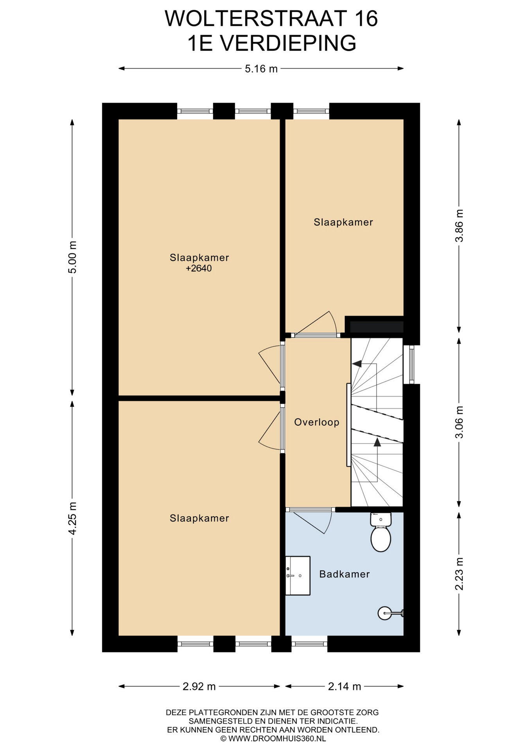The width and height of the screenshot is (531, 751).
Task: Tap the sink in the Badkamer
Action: [x=298, y=576]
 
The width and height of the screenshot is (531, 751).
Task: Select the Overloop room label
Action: [x=317, y=422]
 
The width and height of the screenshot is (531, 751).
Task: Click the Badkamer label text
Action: [x=344, y=574]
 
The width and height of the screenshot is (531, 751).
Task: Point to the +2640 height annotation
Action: [x=199, y=268]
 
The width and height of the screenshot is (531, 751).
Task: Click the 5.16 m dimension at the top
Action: [x=261, y=69]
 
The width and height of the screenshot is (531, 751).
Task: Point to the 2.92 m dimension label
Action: [x=199, y=686]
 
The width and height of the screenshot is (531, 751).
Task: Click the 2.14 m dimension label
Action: [x=344, y=686]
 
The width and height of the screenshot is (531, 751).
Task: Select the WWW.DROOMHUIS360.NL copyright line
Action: [x=273, y=738]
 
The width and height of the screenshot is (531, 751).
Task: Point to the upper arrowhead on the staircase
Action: [x=357, y=364]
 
